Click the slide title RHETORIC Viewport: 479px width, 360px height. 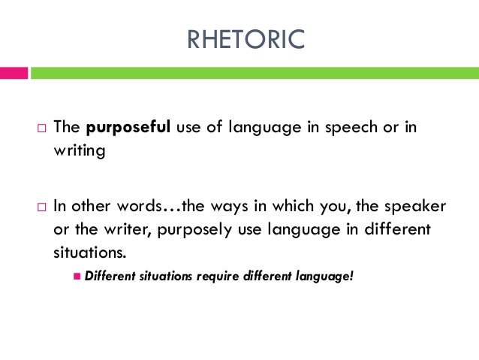tap(246, 39)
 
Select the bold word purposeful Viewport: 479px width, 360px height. tap(130, 127)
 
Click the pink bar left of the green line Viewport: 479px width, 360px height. tap(14, 73)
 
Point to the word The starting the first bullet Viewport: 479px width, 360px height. tap(65, 127)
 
